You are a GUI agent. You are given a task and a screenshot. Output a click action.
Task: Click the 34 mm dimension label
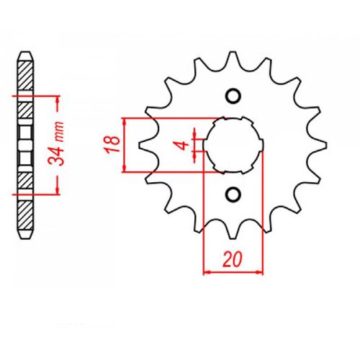(x=64, y=144)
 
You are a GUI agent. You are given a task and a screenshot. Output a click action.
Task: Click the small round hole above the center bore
(x=233, y=96)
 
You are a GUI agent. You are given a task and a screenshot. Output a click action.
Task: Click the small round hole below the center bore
(x=233, y=193)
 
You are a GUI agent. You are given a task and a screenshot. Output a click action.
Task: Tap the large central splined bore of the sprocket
(x=233, y=144)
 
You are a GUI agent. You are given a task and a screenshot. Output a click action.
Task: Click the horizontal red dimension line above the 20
(x=233, y=273)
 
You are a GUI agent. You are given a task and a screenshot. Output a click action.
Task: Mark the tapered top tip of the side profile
(x=24, y=55)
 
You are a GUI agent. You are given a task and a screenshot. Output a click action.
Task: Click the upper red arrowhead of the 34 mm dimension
(x=55, y=99)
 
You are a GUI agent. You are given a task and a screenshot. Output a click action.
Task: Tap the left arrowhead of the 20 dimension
(x=207, y=273)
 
